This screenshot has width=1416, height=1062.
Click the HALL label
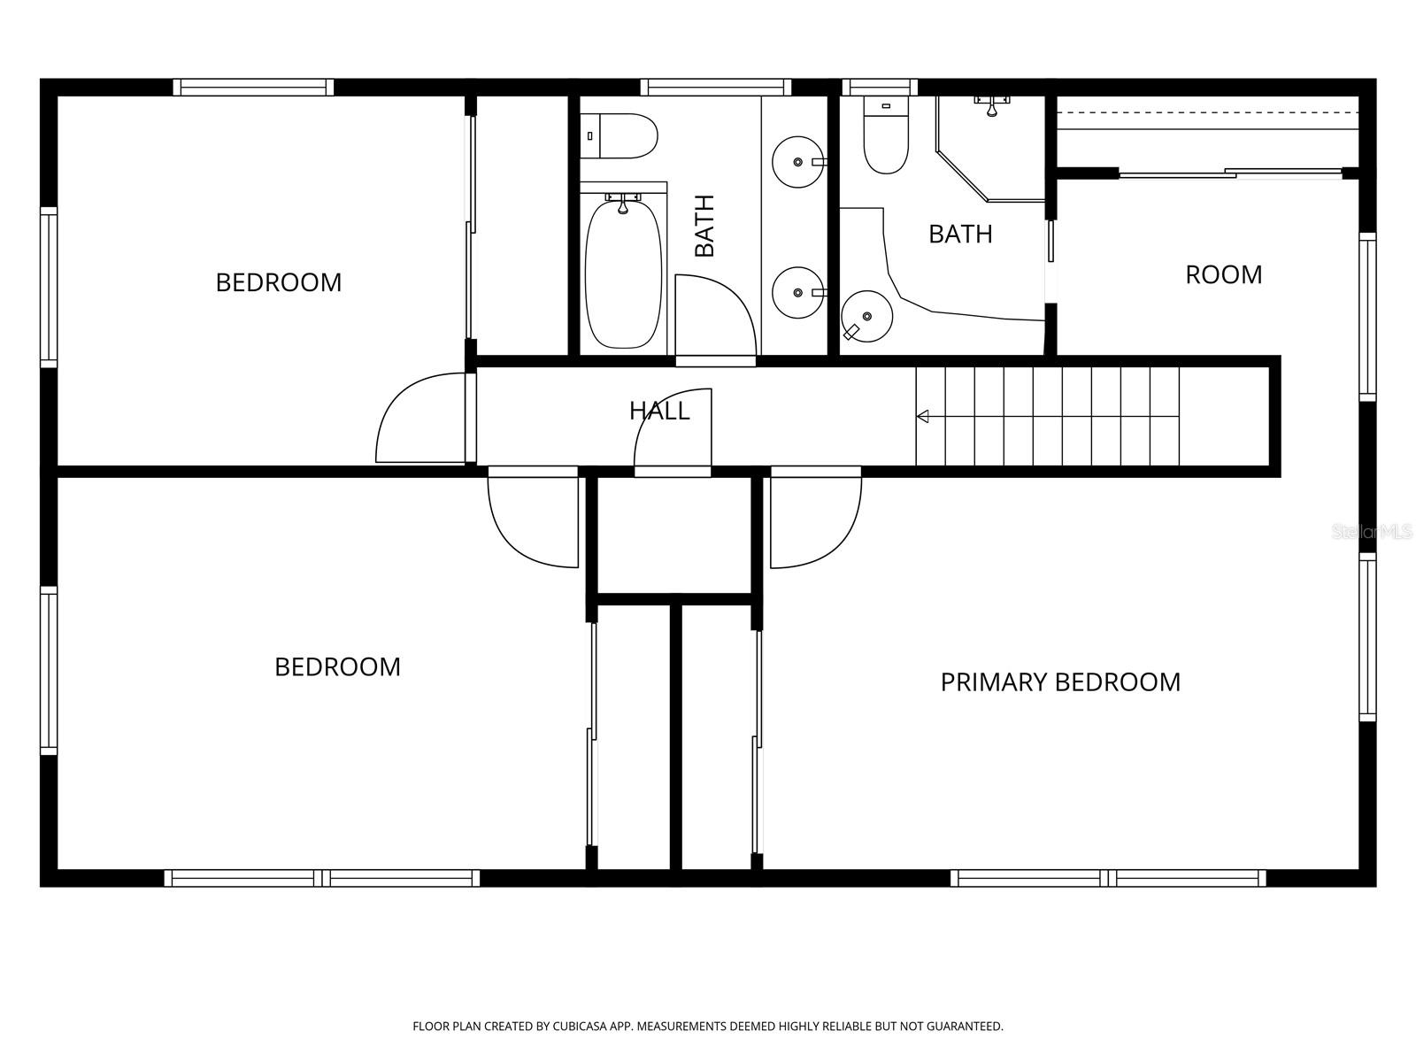(659, 411)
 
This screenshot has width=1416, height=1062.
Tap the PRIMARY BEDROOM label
(1060, 682)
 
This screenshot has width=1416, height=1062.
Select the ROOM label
(1223, 275)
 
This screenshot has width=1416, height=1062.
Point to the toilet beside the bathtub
(618, 136)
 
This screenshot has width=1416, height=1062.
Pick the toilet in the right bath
(886, 136)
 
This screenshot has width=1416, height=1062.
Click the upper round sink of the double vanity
(798, 162)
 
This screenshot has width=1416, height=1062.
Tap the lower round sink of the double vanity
(798, 293)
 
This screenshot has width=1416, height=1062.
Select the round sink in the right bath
(867, 316)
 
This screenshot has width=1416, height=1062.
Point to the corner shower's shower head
(992, 105)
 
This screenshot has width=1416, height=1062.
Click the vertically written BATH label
(704, 226)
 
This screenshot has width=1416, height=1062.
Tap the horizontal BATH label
(960, 234)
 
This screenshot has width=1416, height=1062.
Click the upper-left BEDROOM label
(278, 282)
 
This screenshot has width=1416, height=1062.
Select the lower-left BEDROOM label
(337, 666)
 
